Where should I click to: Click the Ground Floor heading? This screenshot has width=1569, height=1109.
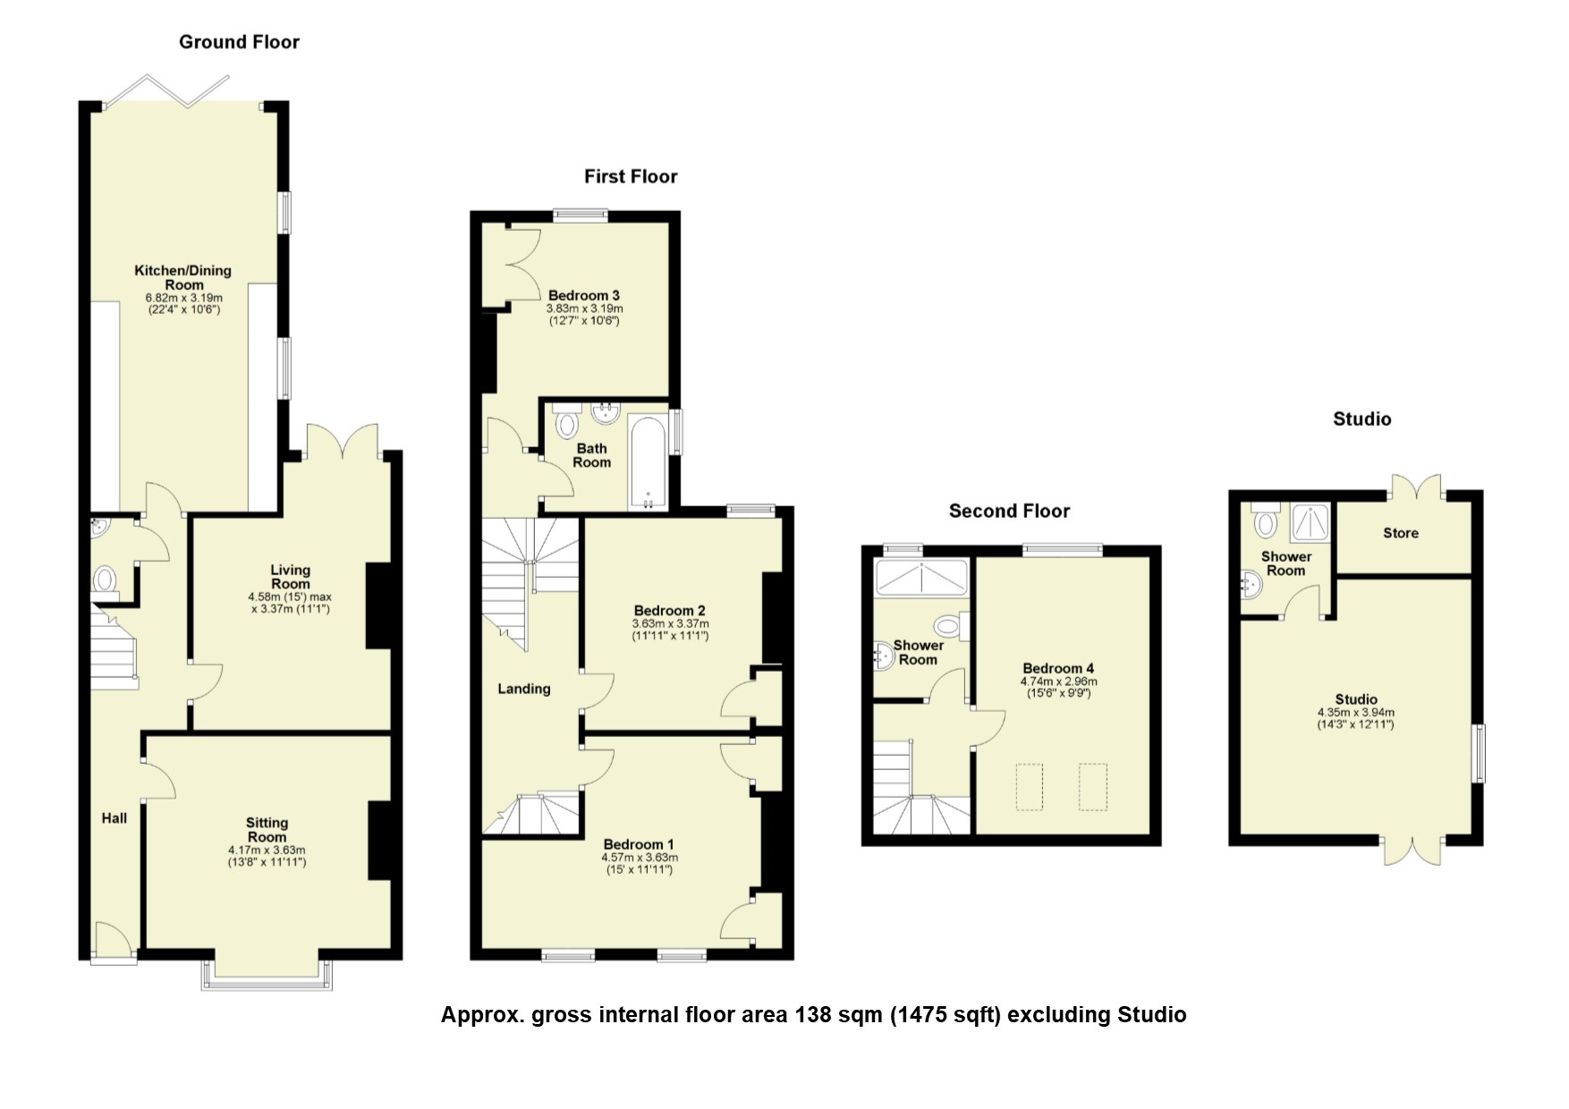pyautogui.click(x=239, y=42)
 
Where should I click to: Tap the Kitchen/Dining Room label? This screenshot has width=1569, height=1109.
pyautogui.click(x=183, y=277)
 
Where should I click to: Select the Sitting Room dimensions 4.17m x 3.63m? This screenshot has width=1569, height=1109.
pyautogui.click(x=267, y=851)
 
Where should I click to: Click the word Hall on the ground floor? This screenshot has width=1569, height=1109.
pyautogui.click(x=114, y=818)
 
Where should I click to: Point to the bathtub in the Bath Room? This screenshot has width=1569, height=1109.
pyautogui.click(x=648, y=461)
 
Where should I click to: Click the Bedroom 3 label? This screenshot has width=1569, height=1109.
pyautogui.click(x=583, y=296)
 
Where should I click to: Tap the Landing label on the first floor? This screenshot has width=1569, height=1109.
pyautogui.click(x=524, y=689)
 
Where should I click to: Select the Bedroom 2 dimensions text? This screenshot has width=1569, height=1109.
pyautogui.click(x=670, y=630)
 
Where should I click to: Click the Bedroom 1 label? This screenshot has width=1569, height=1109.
pyautogui.click(x=639, y=844)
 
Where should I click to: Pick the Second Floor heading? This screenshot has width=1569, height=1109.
pyautogui.click(x=1009, y=512)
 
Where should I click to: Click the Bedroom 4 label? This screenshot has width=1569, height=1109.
pyautogui.click(x=1058, y=668)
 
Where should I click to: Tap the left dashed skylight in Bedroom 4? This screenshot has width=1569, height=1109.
pyautogui.click(x=1030, y=787)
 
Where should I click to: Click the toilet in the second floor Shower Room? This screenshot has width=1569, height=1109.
pyautogui.click(x=948, y=625)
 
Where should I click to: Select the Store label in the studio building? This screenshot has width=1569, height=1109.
pyautogui.click(x=1401, y=533)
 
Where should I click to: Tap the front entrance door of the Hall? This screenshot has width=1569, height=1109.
pyautogui.click(x=114, y=942)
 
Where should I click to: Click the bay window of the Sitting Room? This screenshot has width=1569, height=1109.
pyautogui.click(x=267, y=980)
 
